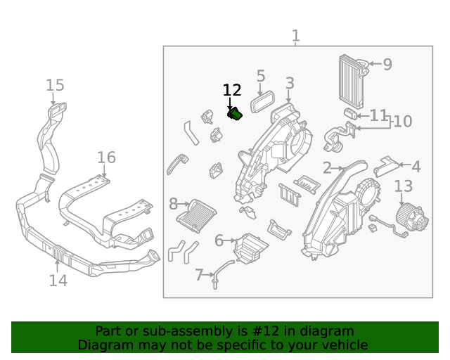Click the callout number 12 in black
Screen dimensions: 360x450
232,90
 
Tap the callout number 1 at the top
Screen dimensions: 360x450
295,35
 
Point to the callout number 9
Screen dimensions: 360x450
387,65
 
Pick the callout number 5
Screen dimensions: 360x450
261,76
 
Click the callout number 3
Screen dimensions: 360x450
290,84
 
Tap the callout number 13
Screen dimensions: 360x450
403,186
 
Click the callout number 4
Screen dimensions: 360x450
416,167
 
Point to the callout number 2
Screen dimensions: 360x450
327,167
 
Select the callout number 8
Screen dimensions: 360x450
174,205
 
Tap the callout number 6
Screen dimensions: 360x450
219,241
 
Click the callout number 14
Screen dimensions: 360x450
58,281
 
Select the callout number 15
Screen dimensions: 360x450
55,86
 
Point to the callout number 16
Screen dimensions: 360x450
105,157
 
